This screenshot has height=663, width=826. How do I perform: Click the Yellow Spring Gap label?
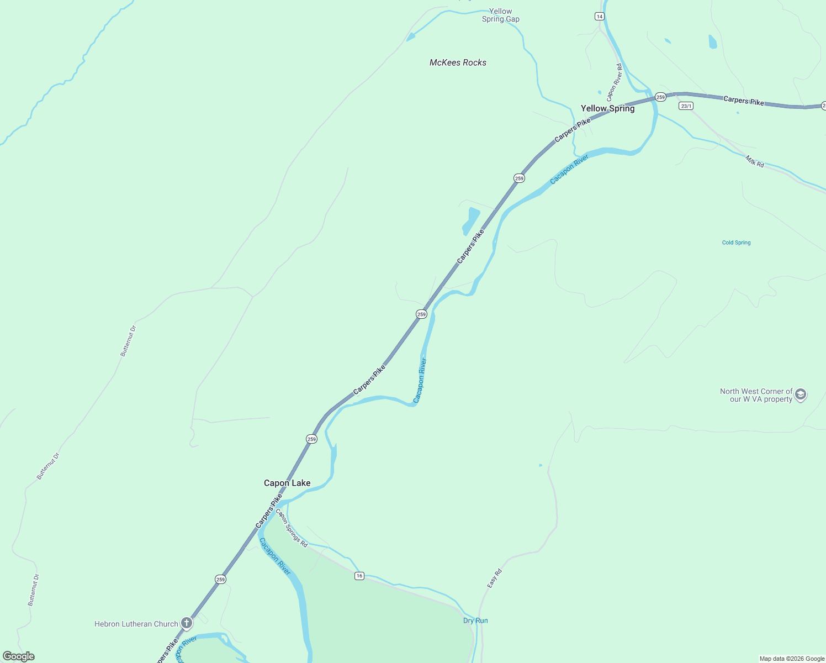[x=501, y=15]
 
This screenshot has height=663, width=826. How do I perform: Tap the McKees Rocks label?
[x=458, y=62]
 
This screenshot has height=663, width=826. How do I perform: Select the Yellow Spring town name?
[x=607, y=108]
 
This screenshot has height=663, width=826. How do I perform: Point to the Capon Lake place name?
[x=287, y=483]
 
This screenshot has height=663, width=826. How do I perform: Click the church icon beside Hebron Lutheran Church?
[x=187, y=623]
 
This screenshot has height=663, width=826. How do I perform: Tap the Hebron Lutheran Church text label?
[x=136, y=624]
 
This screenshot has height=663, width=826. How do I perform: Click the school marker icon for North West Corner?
[x=801, y=394]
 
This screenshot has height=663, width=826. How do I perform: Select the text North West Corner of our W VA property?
[x=756, y=395]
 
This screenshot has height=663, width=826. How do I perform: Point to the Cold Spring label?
[x=736, y=243]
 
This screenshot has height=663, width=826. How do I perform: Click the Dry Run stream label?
[x=475, y=620]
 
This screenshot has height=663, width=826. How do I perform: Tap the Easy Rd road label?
[x=494, y=578]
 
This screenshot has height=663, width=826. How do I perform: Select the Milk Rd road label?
[x=755, y=161]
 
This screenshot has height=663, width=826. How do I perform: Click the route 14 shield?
[x=600, y=17]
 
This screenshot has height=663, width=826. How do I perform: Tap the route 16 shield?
[x=359, y=576]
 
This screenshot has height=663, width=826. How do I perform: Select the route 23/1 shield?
[x=686, y=106]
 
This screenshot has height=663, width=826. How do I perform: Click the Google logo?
[x=19, y=656]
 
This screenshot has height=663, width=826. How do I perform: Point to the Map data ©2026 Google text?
[x=792, y=659]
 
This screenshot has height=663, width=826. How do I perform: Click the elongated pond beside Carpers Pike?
[x=470, y=220]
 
